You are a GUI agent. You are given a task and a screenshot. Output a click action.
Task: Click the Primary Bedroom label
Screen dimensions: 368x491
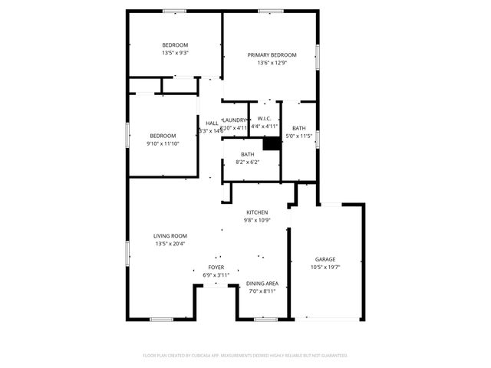pos(272,55)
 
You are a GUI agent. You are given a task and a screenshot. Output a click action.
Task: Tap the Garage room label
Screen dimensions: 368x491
pos(325,259)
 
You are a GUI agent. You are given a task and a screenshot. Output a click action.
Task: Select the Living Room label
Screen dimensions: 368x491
pos(170,236)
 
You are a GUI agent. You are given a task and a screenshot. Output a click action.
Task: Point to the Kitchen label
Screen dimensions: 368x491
pos(256,212)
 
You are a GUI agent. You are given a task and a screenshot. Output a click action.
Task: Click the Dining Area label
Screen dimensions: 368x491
pos(262,283)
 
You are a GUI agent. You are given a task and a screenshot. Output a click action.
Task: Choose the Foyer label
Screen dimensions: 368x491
pos(216,268)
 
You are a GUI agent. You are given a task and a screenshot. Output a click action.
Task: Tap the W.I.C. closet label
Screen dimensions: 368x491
pos(264,119)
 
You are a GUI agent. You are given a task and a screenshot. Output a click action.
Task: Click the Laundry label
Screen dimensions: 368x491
pos(235,120)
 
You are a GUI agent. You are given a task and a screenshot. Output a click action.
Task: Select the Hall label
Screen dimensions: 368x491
pos(212,123)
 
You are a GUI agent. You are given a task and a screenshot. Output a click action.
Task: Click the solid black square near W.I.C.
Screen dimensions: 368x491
pos(271,143)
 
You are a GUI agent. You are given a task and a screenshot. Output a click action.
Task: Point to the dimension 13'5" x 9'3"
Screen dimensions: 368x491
pos(175,53)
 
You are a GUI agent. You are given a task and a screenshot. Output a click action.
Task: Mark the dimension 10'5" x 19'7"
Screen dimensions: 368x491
pos(325,268)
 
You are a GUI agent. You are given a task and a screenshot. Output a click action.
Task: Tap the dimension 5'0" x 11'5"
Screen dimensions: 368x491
pos(298,136)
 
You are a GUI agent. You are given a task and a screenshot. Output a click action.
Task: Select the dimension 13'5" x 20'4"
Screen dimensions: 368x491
pos(170,244)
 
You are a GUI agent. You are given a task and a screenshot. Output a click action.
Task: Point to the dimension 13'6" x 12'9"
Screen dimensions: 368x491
pos(272,64)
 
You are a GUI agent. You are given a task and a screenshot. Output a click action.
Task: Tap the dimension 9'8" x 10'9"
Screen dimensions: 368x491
pos(256,221)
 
